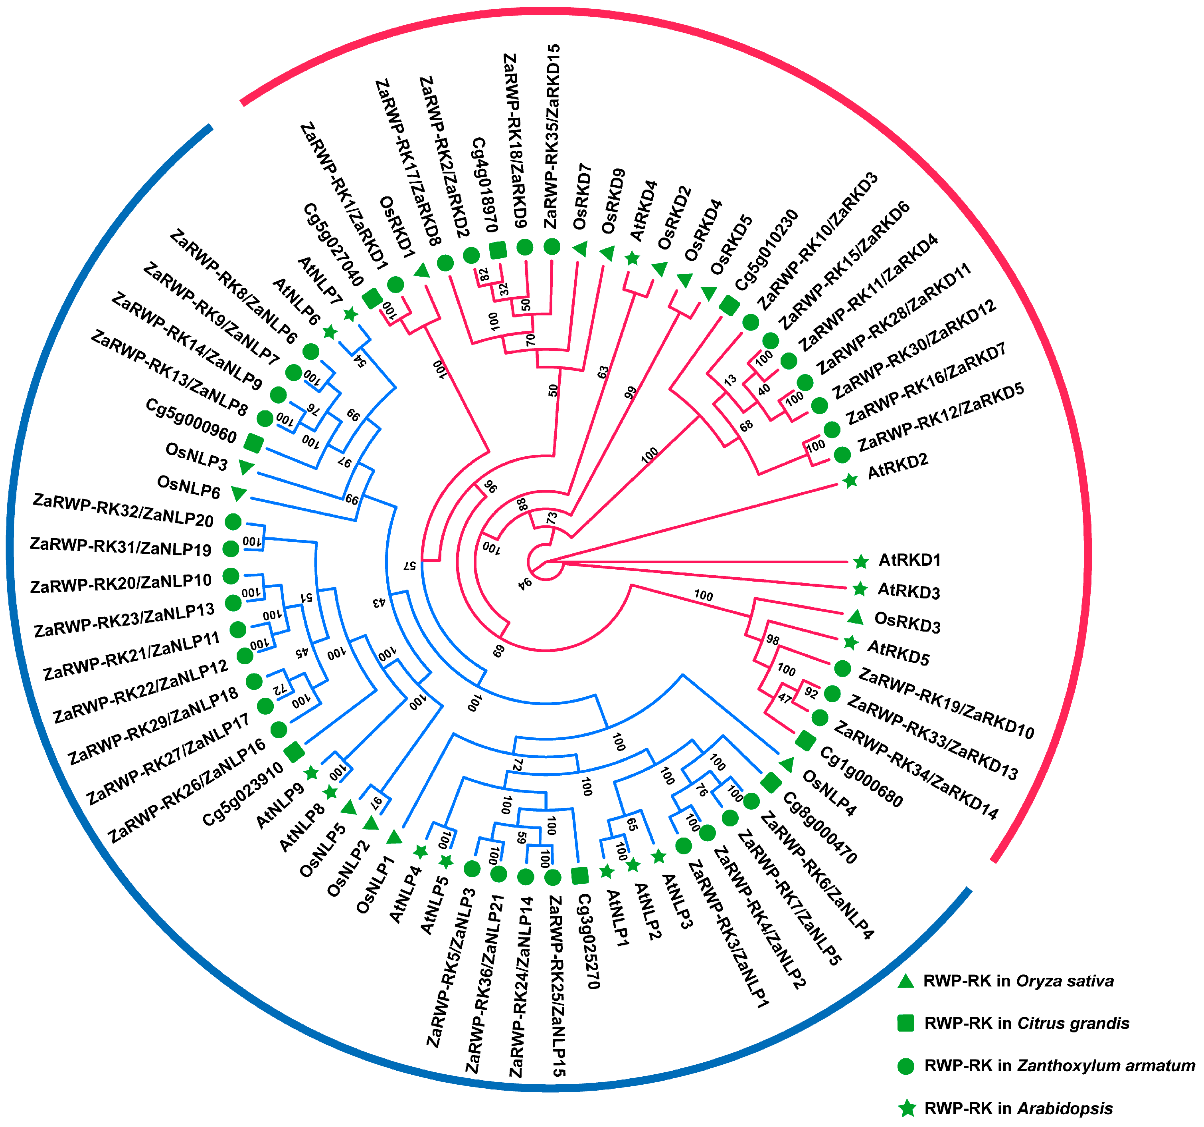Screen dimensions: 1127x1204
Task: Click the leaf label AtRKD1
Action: click(x=909, y=560)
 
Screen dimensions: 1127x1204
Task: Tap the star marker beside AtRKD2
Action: click(x=850, y=481)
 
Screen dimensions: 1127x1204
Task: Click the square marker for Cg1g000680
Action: click(x=805, y=740)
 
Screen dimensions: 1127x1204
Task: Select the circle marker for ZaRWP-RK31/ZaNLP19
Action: click(x=231, y=549)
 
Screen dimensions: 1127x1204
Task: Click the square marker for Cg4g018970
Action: click(x=497, y=250)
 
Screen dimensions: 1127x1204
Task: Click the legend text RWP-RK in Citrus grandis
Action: click(x=1026, y=1023)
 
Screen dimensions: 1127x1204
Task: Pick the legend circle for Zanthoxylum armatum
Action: click(x=905, y=1066)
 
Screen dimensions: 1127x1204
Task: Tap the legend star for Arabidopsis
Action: click(x=907, y=1108)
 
